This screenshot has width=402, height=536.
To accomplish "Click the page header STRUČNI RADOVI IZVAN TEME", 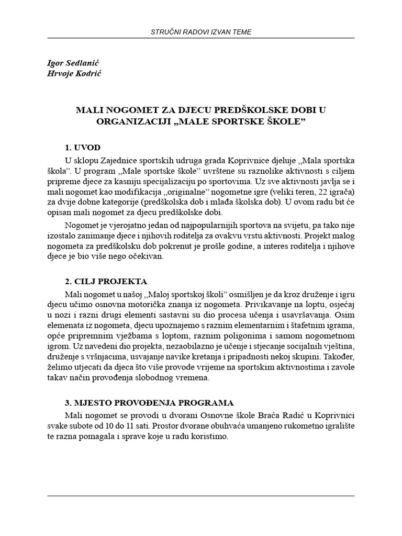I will (x=201, y=32).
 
